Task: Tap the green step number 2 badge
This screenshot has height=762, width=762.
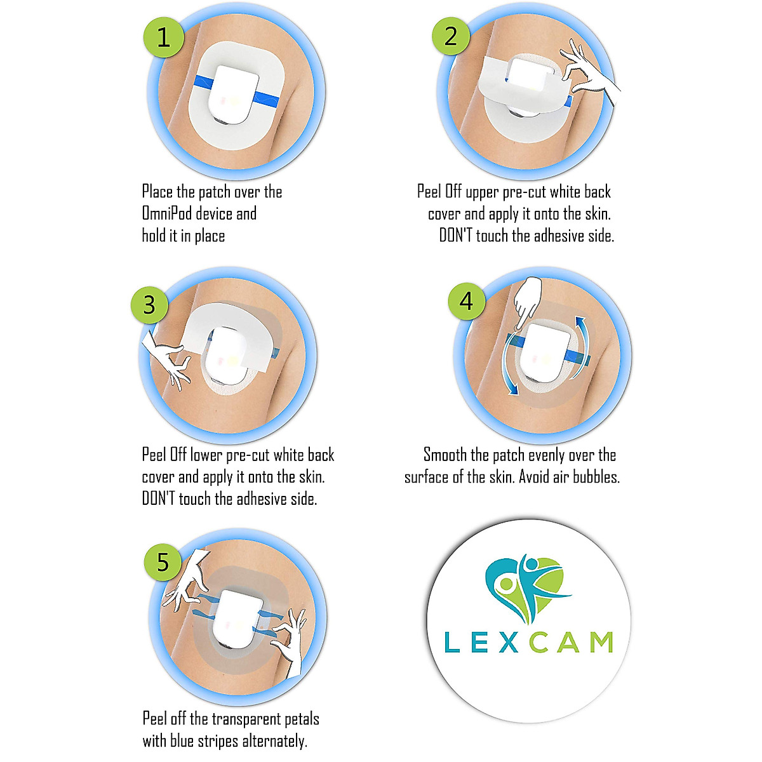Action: pos(451,36)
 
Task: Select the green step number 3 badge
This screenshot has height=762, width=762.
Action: pos(149,305)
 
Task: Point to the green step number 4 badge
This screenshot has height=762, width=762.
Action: pos(467,300)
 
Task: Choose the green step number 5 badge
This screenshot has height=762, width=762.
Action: pos(163,562)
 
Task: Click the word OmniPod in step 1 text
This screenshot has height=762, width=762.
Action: pos(166,213)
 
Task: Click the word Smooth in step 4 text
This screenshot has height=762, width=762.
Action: pos(445,455)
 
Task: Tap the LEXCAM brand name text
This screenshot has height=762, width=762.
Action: pos(528,642)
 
